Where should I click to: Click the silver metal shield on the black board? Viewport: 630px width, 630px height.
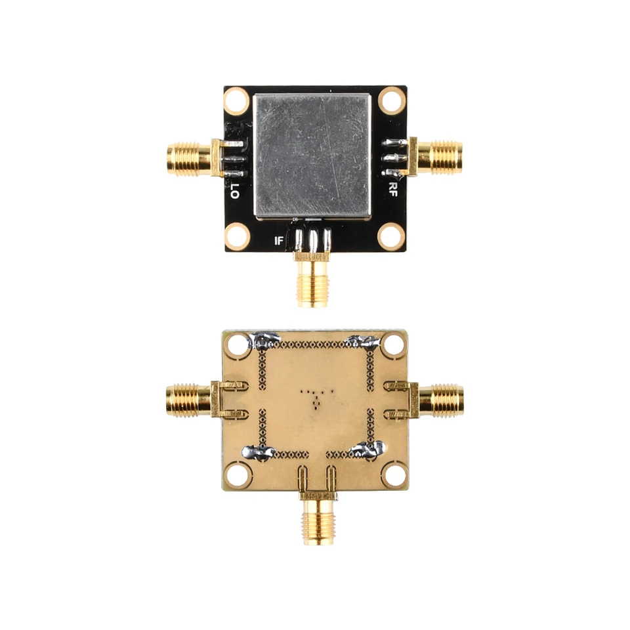click(312, 155)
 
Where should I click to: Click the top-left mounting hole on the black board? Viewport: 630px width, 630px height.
click(236, 101)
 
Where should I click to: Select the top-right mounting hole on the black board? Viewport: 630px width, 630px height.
click(392, 101)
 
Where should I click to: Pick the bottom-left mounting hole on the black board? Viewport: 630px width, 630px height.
click(236, 236)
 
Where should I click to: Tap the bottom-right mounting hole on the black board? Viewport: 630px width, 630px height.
click(392, 236)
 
